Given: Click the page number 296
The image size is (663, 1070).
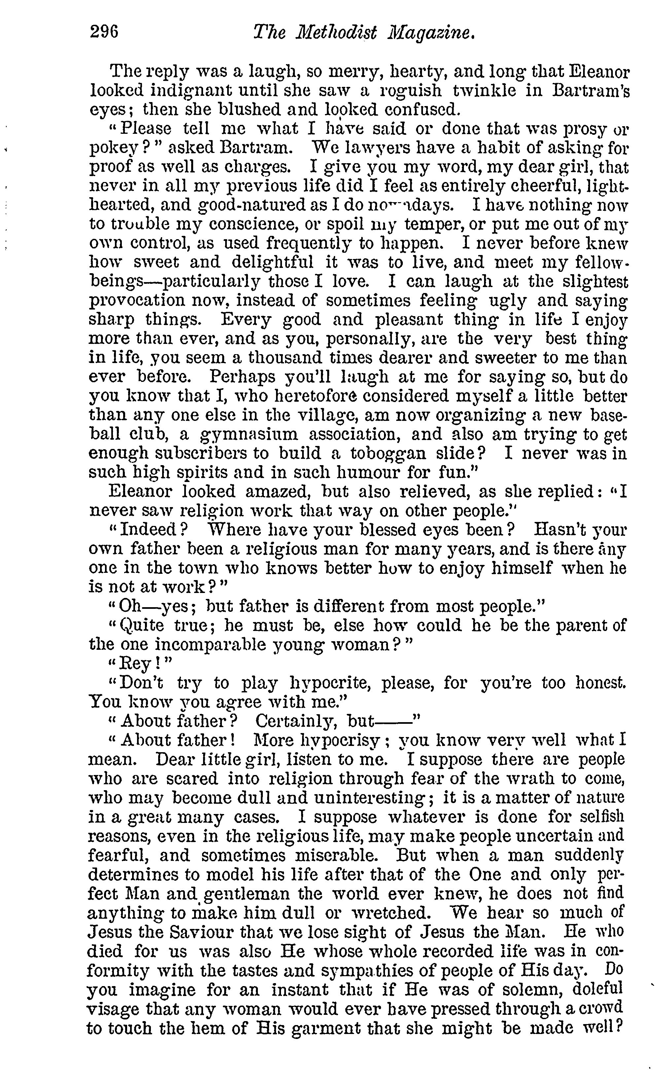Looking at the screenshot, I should [x=104, y=32].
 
